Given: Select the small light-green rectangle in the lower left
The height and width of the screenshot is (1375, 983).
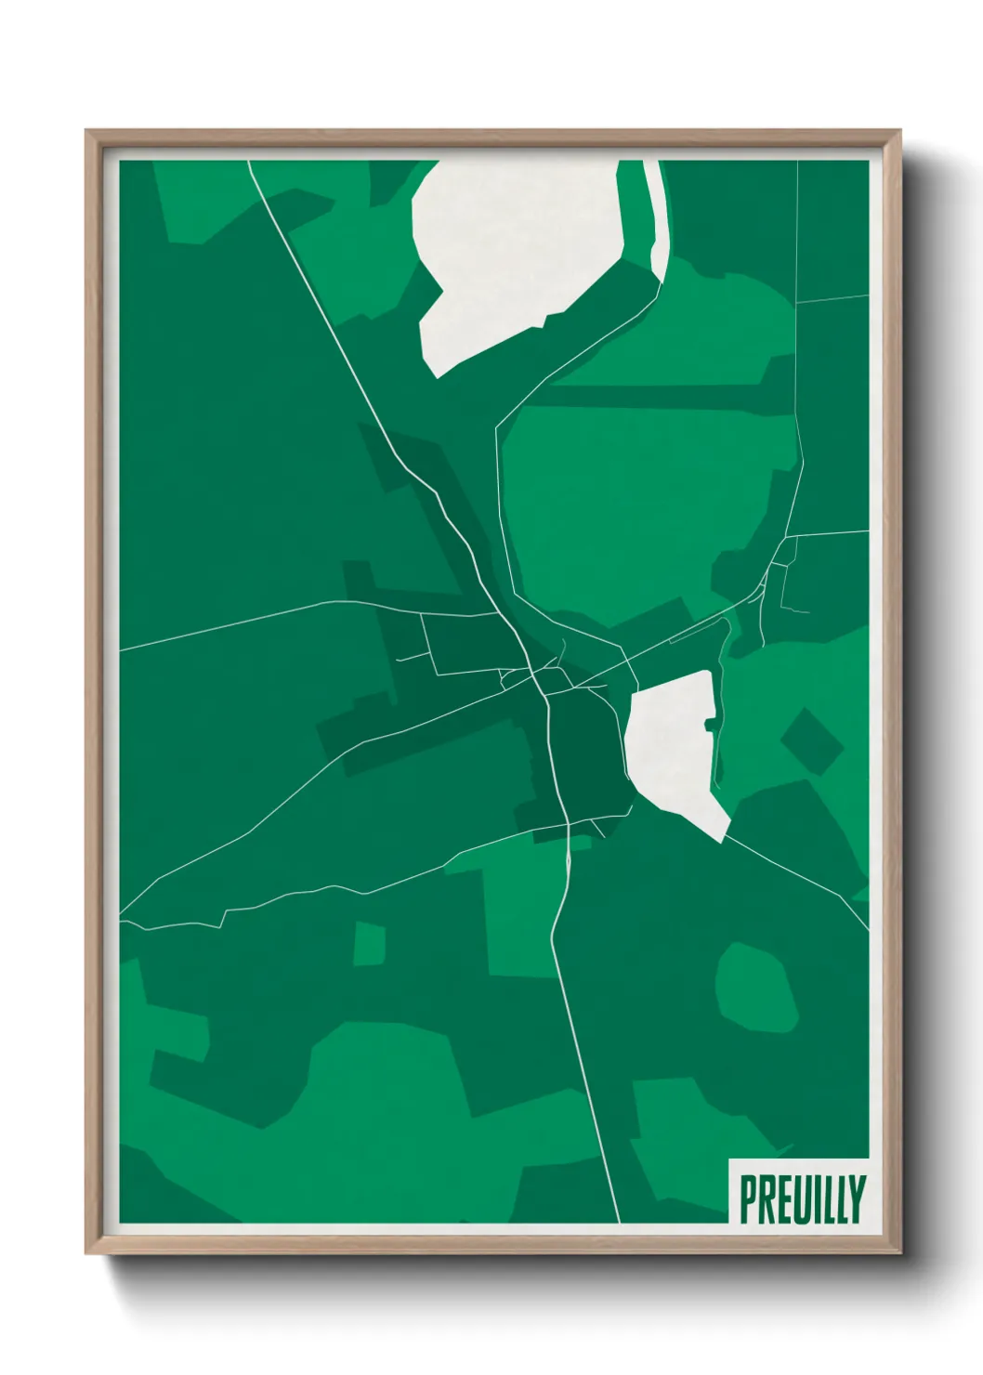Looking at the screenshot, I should pos(370,943).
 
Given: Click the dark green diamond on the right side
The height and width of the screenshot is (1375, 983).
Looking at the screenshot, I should pos(811,742).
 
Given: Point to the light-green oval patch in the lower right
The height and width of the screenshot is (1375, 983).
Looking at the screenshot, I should pos(756,987).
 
